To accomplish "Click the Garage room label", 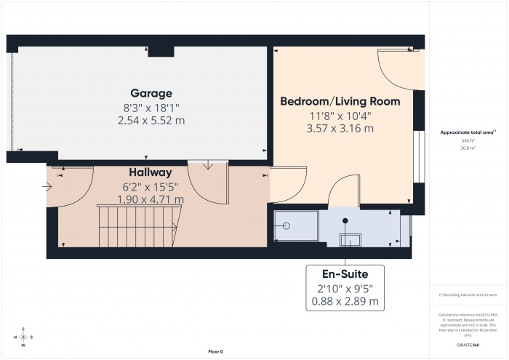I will [x=151, y=93].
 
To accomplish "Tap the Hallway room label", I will [x=151, y=172].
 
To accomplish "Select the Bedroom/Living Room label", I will [x=340, y=101].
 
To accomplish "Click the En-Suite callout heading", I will [x=345, y=273].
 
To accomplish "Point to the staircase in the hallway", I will [x=138, y=227].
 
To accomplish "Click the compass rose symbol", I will [x=24, y=337].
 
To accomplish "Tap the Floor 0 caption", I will [x=215, y=351].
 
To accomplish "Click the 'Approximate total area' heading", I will [x=468, y=132].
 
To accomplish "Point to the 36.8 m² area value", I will [x=468, y=148].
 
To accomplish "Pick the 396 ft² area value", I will [x=468, y=140].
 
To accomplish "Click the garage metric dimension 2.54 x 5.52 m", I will [x=151, y=120].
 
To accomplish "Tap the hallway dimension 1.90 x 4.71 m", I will [x=151, y=199].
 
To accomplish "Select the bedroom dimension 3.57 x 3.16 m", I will [x=340, y=129].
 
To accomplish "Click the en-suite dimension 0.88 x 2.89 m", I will [x=345, y=300].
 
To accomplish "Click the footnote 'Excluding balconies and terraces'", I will [x=468, y=295].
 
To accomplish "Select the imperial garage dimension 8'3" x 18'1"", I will [x=151, y=107].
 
